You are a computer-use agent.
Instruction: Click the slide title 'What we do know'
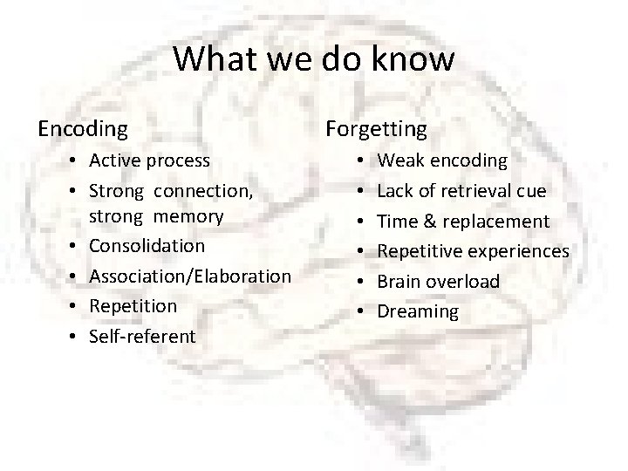(x=314, y=59)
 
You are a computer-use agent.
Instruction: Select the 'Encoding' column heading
(x=83, y=129)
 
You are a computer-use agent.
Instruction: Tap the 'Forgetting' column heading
(x=376, y=129)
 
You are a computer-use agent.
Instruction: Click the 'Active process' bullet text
(x=149, y=160)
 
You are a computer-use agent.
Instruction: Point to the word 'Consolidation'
(x=147, y=246)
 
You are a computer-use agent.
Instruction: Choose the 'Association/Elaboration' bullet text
(x=190, y=276)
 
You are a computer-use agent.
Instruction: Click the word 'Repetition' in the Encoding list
(x=133, y=306)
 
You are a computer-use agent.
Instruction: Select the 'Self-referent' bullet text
(x=142, y=337)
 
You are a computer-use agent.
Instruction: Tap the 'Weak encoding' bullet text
(x=441, y=160)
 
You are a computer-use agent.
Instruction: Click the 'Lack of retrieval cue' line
(x=461, y=191)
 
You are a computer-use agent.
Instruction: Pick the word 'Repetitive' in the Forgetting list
(x=418, y=252)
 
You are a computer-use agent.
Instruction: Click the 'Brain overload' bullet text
(x=438, y=282)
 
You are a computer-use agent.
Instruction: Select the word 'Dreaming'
(x=418, y=312)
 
